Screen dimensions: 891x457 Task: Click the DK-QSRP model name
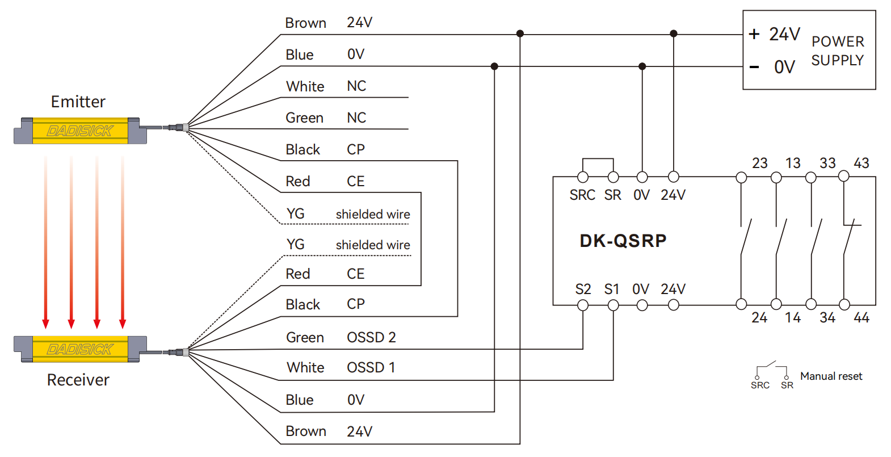pyautogui.click(x=623, y=241)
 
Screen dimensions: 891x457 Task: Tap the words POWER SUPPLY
pyautogui.click(x=838, y=51)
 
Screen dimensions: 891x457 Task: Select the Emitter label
pyautogui.click(x=78, y=102)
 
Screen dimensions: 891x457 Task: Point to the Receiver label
pyautogui.click(x=78, y=380)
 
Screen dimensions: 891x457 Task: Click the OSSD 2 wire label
pyautogui.click(x=371, y=337)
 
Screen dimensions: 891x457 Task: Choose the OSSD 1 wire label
pyautogui.click(x=371, y=367)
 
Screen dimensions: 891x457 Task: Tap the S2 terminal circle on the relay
pyautogui.click(x=583, y=305)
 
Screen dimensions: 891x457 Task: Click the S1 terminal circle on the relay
pyautogui.click(x=613, y=305)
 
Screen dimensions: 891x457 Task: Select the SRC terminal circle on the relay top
pyautogui.click(x=583, y=177)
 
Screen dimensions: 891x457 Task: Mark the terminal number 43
pyautogui.click(x=861, y=163)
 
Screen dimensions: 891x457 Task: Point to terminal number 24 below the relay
pyautogui.click(x=759, y=318)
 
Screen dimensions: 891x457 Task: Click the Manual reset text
pyautogui.click(x=831, y=376)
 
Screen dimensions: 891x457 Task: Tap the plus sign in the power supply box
pyautogui.click(x=754, y=34)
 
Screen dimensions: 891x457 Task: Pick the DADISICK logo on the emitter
pyautogui.click(x=80, y=131)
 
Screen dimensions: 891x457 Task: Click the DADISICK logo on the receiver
pyautogui.click(x=80, y=349)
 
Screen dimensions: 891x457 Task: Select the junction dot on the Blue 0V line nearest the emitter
pyautogui.click(x=494, y=66)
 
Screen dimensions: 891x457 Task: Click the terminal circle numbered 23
pyautogui.click(x=741, y=177)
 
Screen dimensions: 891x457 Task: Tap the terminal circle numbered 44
pyautogui.click(x=844, y=305)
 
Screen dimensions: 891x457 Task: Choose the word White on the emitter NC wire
pyautogui.click(x=305, y=86)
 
